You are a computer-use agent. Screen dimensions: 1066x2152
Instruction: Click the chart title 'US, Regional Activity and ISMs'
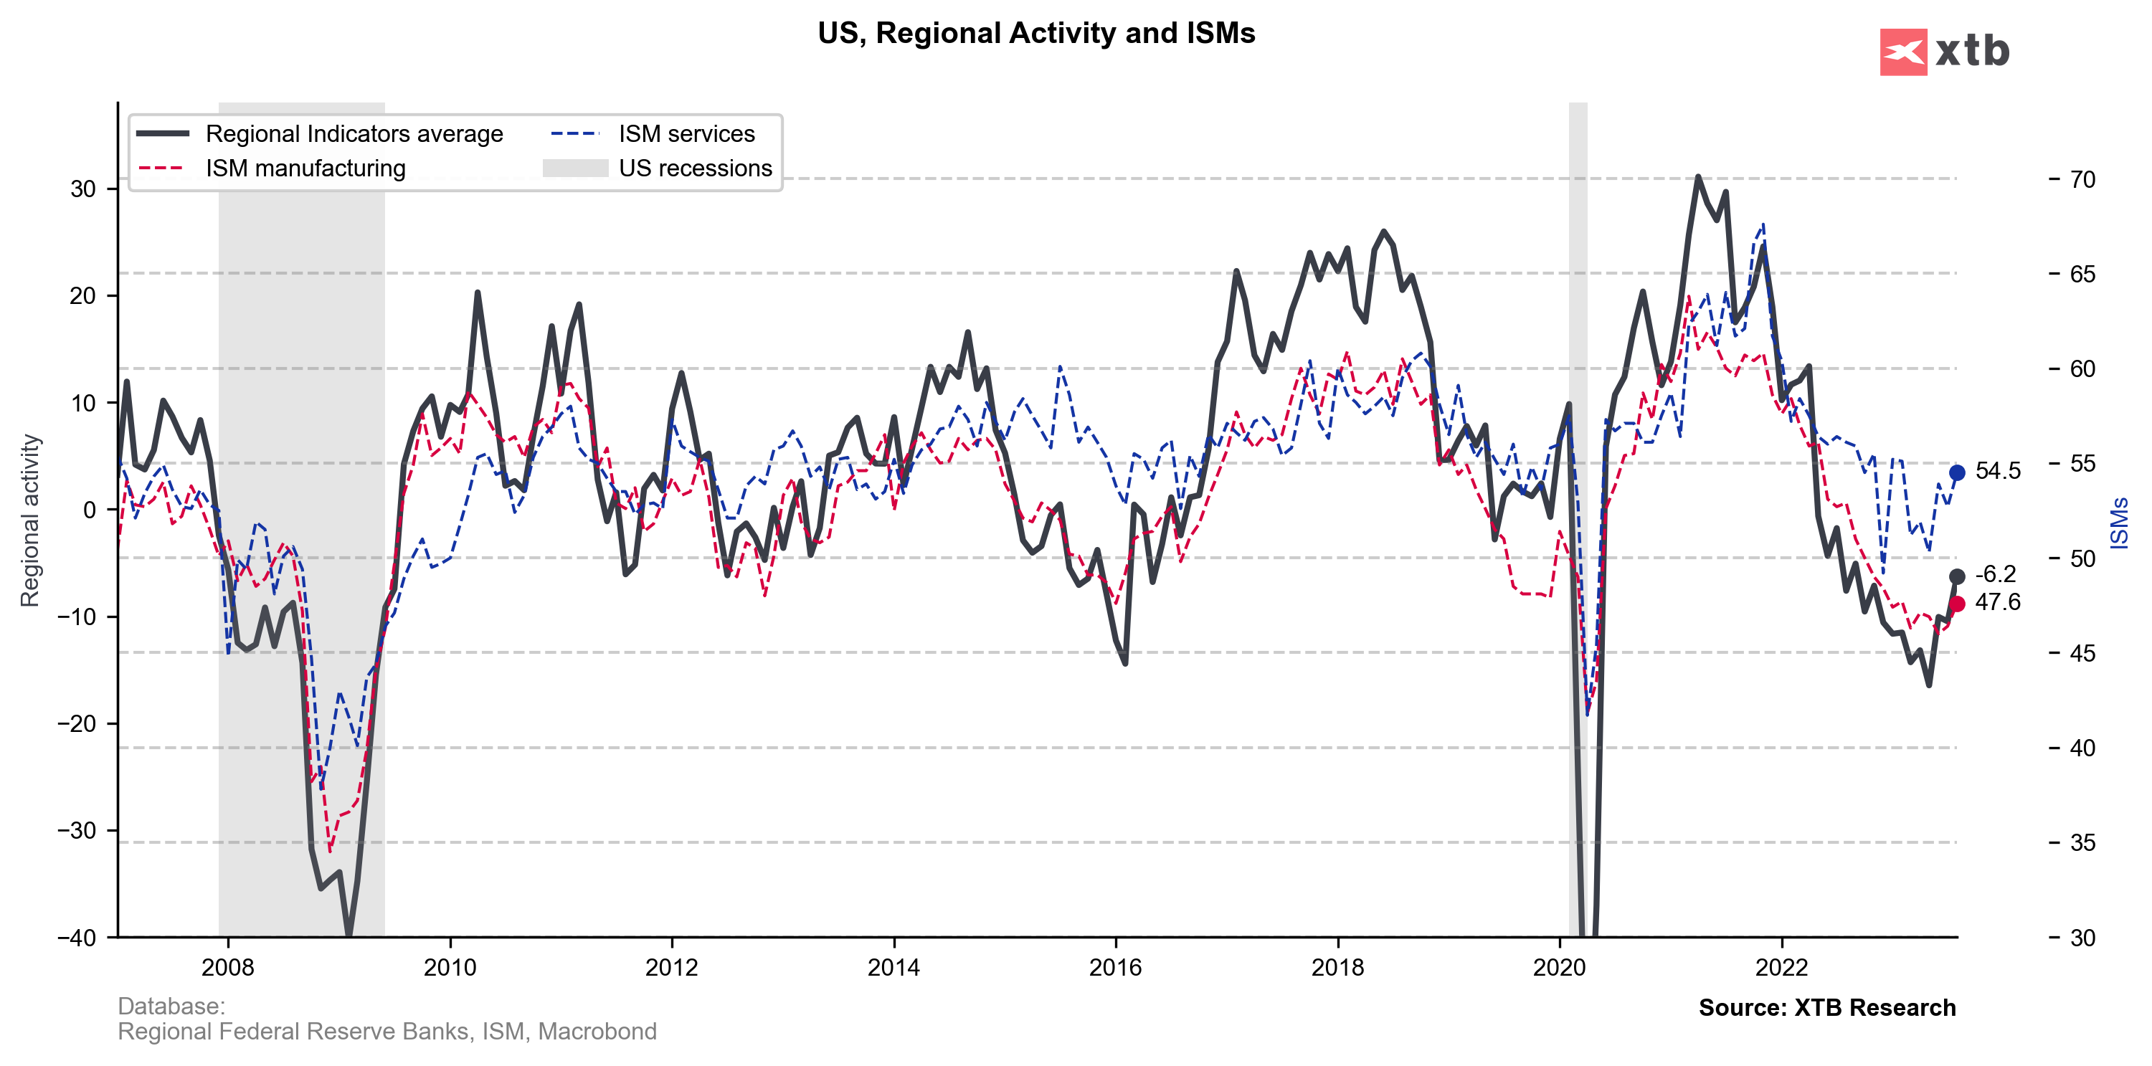click(1036, 34)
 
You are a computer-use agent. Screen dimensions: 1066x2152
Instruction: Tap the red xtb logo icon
click(1903, 52)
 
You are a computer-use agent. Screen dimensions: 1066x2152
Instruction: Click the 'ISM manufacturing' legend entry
click(305, 168)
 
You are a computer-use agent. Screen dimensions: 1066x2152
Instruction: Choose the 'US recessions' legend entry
click(695, 168)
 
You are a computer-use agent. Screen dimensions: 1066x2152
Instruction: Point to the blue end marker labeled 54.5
click(1956, 473)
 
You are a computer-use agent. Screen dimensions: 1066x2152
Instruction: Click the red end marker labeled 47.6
click(1956, 604)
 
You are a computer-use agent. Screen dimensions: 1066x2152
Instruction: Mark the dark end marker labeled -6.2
click(1956, 576)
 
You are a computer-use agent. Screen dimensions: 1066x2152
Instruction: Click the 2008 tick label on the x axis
click(227, 967)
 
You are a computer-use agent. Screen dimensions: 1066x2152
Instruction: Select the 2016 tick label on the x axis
click(1115, 967)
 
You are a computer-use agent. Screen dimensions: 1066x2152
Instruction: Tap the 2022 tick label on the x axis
click(1781, 967)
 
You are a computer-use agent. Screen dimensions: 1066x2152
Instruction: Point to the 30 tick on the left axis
click(82, 189)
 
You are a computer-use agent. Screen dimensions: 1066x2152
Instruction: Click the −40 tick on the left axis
click(77, 938)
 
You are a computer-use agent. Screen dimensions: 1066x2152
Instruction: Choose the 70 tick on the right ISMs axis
click(2082, 180)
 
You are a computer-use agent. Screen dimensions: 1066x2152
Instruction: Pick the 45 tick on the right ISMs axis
click(2082, 653)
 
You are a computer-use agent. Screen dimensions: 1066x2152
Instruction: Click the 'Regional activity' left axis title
click(30, 520)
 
